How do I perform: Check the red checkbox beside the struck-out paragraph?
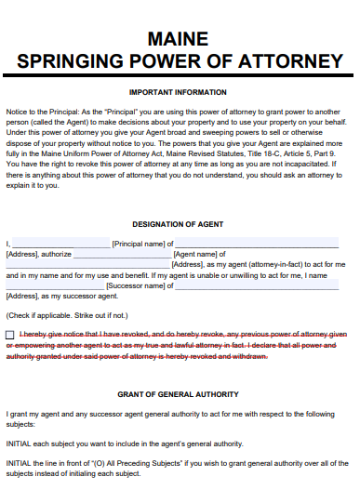10,334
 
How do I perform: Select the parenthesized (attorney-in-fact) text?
265,264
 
